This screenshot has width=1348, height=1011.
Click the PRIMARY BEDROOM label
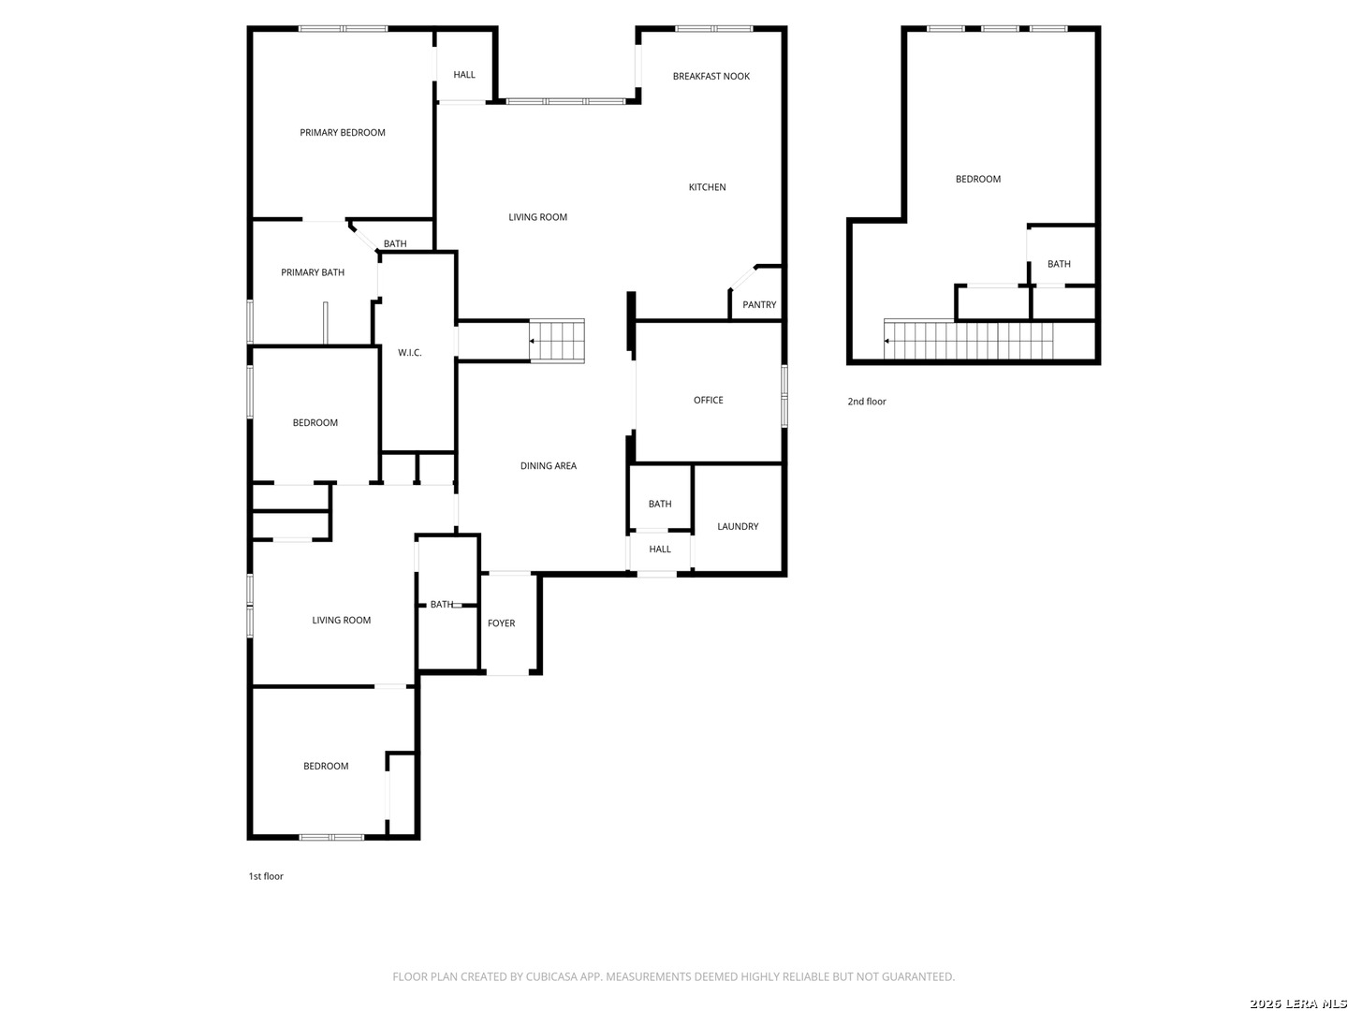click(x=342, y=133)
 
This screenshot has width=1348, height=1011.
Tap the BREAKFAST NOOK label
click(x=711, y=76)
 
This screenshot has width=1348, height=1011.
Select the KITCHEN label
click(x=707, y=187)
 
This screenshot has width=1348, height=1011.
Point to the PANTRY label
click(x=759, y=304)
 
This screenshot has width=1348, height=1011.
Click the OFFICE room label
click(x=708, y=401)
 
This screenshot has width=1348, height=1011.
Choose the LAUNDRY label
click(x=738, y=527)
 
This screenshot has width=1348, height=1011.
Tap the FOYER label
click(x=501, y=623)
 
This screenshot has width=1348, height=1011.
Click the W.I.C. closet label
click(x=410, y=352)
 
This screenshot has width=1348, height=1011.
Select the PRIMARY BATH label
click(x=313, y=272)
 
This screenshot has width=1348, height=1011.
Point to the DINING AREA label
click(x=549, y=466)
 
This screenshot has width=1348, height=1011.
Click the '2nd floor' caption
click(x=867, y=402)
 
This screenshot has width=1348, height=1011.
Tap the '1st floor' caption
click(x=266, y=876)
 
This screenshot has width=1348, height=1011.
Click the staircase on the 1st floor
click(x=556, y=342)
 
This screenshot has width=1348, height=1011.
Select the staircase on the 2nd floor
click(x=969, y=339)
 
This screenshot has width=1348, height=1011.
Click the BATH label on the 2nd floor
click(x=1059, y=264)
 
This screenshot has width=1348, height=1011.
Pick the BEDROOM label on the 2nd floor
click(x=977, y=179)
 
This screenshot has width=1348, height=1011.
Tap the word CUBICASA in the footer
click(x=550, y=976)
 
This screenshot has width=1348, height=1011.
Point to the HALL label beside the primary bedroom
click(x=464, y=75)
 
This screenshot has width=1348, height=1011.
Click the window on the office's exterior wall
click(x=784, y=395)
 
